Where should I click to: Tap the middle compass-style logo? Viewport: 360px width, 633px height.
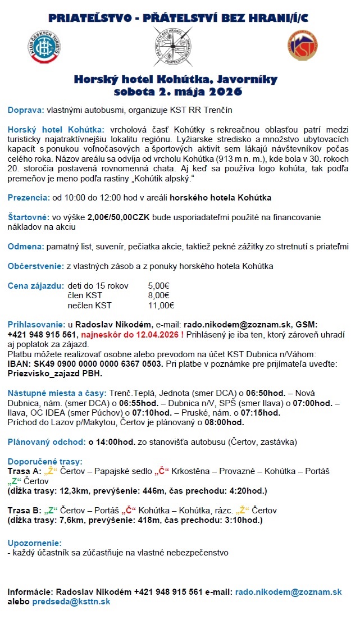pos(173,47)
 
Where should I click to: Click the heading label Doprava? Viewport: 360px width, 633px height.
pos(26,110)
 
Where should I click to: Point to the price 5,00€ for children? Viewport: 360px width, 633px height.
pos(159,285)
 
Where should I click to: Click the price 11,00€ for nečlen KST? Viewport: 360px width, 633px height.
pos(161,306)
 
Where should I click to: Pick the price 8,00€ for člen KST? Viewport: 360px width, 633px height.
pos(159,295)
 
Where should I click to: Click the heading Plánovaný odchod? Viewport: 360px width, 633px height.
pos(47,441)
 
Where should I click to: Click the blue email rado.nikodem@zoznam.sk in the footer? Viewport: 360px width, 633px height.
pos(288,592)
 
